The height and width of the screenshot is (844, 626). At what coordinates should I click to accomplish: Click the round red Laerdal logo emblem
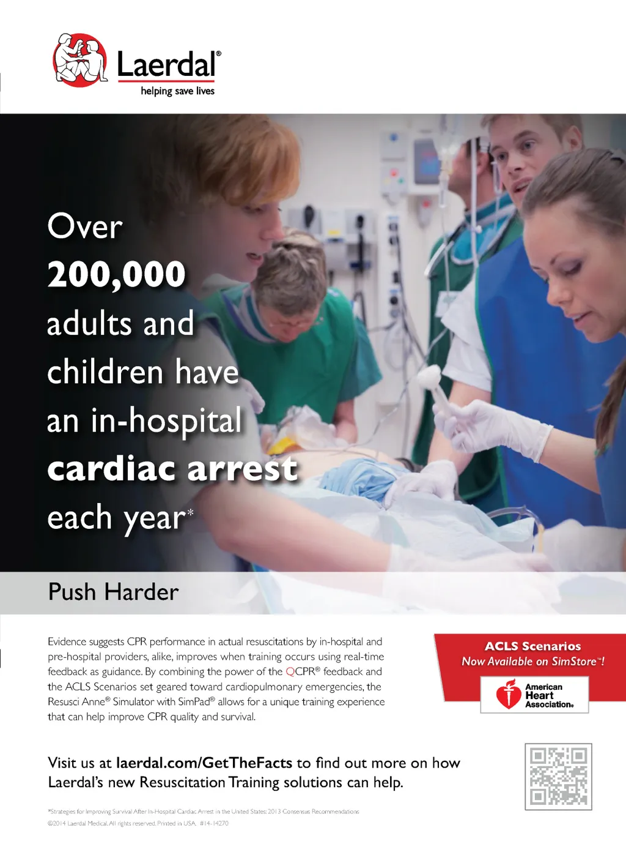[80, 60]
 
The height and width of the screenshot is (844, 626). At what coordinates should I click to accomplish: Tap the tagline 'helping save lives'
[177, 91]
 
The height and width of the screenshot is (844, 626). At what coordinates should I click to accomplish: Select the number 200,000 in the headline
[117, 275]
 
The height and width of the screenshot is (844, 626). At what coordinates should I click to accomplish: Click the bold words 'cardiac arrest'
[172, 468]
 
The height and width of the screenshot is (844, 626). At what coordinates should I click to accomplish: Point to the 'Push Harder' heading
[113, 592]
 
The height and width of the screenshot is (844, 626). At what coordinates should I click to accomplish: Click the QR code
[558, 776]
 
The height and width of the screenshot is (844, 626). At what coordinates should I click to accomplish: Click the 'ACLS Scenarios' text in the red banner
[532, 646]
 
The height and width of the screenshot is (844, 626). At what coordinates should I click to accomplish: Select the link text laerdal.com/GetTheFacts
[204, 763]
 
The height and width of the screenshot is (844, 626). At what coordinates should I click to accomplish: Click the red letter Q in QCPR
[290, 671]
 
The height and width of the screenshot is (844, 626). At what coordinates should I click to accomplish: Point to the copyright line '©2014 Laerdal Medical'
[138, 823]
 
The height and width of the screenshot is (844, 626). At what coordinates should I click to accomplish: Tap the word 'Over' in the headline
[85, 227]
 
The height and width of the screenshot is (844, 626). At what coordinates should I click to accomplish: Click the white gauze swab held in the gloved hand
[429, 377]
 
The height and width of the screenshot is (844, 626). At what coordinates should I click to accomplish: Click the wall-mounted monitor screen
[427, 162]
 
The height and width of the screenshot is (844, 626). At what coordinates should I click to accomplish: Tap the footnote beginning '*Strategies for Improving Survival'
[204, 812]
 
